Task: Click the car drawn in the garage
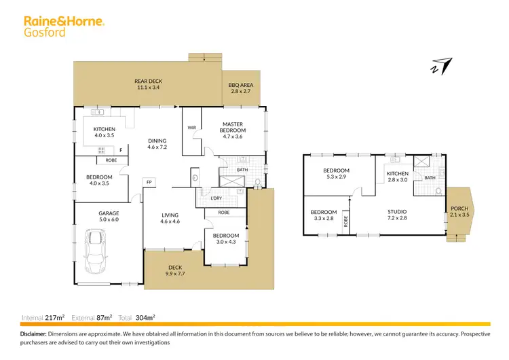tap(97, 249)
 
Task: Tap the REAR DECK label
tap(148, 84)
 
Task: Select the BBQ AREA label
tap(241, 87)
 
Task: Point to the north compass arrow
tap(441, 66)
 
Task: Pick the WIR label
tap(191, 127)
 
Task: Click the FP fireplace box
tap(148, 181)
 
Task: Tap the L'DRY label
tap(216, 198)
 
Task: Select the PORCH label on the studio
tap(459, 211)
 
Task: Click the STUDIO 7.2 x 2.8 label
tap(398, 215)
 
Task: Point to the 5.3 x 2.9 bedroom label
tap(336, 174)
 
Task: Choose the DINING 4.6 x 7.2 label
tap(157, 144)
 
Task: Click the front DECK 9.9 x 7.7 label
tap(175, 271)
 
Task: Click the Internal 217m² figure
tap(43, 317)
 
